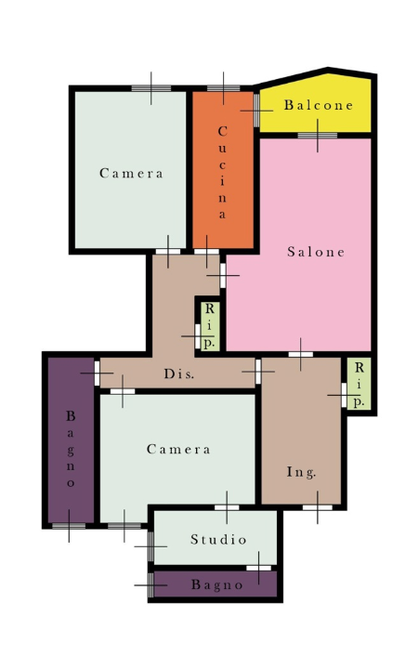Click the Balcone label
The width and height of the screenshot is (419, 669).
click(319, 105)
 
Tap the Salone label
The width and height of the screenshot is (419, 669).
click(316, 252)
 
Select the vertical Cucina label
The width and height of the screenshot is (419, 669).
click(222, 173)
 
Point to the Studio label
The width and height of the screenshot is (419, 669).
click(218, 539)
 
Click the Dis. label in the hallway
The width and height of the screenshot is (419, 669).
click(179, 374)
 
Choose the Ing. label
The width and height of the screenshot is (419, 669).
click(301, 472)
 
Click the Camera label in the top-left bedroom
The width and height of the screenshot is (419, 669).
click(131, 173)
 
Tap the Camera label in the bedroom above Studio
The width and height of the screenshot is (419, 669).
click(178, 449)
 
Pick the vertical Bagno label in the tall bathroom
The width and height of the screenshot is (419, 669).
click(71, 449)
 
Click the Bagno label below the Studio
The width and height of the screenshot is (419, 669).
click(217, 584)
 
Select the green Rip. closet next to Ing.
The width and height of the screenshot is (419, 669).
click(359, 384)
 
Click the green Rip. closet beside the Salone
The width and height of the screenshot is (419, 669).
click(210, 326)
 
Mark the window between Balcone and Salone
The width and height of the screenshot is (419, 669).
click(318, 136)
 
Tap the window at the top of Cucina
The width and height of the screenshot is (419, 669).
click(224, 88)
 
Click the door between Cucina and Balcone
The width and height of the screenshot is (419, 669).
click(256, 111)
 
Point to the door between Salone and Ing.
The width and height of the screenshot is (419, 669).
click(301, 354)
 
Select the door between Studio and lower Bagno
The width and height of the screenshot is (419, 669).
click(258, 568)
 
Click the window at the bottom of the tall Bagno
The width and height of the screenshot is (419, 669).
click(69, 526)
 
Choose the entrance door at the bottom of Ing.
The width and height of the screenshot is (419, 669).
click(318, 507)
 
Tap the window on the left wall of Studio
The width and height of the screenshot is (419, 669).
click(151, 546)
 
